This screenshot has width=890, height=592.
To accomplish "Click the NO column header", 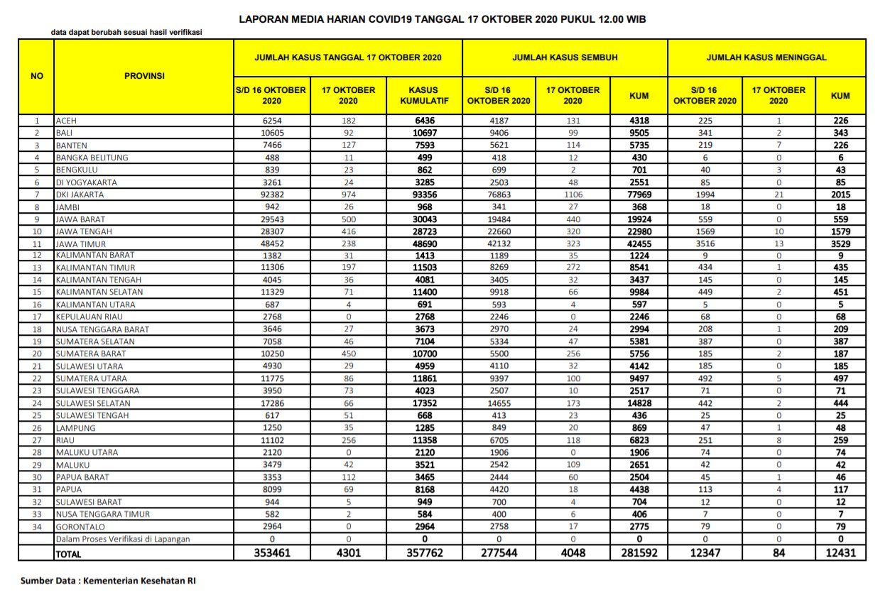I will pos(36,76).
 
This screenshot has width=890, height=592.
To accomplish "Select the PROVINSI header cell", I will pos(144,76).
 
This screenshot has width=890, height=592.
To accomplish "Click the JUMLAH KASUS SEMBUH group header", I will pos(565,57).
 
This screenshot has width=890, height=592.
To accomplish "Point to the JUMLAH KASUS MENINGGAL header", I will pos(766,57).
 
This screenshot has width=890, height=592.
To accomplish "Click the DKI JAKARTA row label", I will pos(80,194).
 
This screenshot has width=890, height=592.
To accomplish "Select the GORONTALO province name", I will pos(79,526).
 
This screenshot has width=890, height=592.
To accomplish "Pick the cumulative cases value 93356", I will pos(424,194).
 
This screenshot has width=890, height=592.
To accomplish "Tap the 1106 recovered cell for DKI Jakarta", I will pos(572,194).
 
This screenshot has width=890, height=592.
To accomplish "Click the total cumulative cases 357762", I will pos(424,552).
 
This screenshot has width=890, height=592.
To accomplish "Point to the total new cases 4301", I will pos(348,552).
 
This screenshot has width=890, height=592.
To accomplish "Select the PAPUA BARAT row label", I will pos(81,477).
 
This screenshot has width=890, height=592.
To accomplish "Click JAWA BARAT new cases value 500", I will pos(348,219).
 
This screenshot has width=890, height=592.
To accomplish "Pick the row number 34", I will pos(36,526).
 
